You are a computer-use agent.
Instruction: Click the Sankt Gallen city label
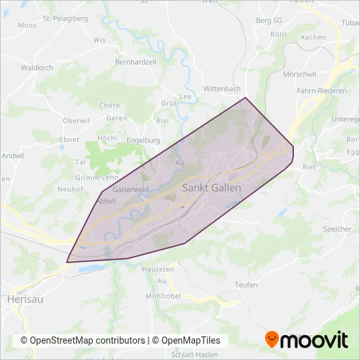pyautogui.click(x=211, y=188)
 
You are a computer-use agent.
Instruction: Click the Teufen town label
pyautogui.click(x=246, y=285)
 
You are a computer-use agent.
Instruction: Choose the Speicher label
pyautogui.click(x=337, y=229)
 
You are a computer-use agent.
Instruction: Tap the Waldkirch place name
pyautogui.click(x=37, y=67)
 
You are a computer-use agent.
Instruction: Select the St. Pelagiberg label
pyautogui.click(x=65, y=19)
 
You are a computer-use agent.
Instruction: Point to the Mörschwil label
pyautogui.click(x=300, y=75)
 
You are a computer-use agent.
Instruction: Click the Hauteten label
pyautogui.click(x=160, y=269)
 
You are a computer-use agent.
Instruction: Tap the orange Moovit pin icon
pyautogui.click(x=272, y=339)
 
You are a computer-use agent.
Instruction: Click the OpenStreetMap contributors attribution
pyautogui.click(x=82, y=340)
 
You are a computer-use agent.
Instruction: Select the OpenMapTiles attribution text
pyautogui.click(x=190, y=340)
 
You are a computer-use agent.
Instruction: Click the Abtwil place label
pyautogui.click(x=105, y=201)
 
